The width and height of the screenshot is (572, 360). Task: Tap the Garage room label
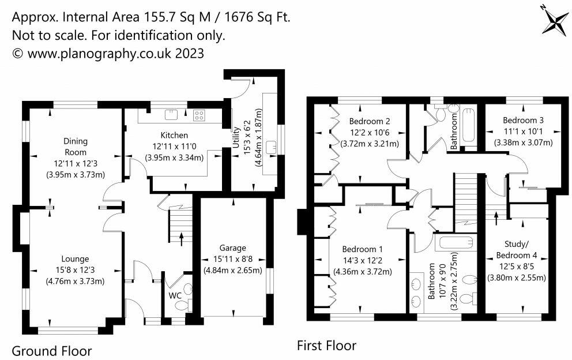coord(233,248)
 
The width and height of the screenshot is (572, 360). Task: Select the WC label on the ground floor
coord(175,295)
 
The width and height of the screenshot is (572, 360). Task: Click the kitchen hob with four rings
coord(199,115)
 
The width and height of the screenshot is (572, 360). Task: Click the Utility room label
coord(236,137)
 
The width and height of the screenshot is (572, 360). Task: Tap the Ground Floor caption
coord(52,351)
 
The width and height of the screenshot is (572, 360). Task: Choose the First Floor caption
coord(326,346)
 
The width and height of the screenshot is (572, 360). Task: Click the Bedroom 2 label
coord(370,121)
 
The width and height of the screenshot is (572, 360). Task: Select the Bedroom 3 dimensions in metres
coord(524,142)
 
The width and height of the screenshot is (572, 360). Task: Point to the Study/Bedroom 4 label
coord(517,249)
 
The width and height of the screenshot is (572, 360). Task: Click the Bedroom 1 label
coord(362,249)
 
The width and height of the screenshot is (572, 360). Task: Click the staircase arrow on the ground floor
coord(182,239)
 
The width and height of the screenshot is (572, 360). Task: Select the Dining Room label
coord(76,147)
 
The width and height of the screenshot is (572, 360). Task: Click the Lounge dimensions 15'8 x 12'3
coord(75,270)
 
